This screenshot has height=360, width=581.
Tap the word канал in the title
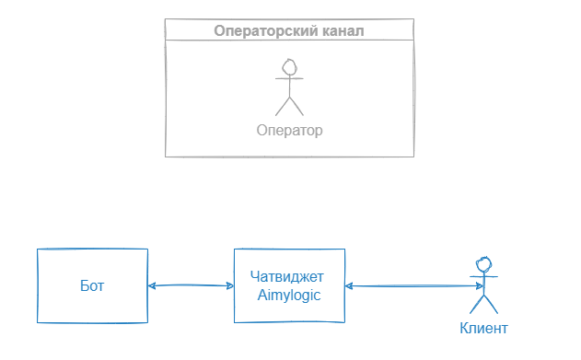[x=334, y=30]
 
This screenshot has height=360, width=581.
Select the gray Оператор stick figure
[x=290, y=88]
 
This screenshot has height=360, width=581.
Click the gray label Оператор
[x=290, y=130]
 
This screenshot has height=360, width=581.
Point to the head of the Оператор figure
[x=290, y=66]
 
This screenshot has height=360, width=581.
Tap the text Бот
[x=92, y=285]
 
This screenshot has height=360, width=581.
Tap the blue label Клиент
[x=482, y=329]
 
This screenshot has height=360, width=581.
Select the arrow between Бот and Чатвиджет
[x=191, y=285]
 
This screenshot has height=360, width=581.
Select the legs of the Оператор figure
[x=290, y=105]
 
